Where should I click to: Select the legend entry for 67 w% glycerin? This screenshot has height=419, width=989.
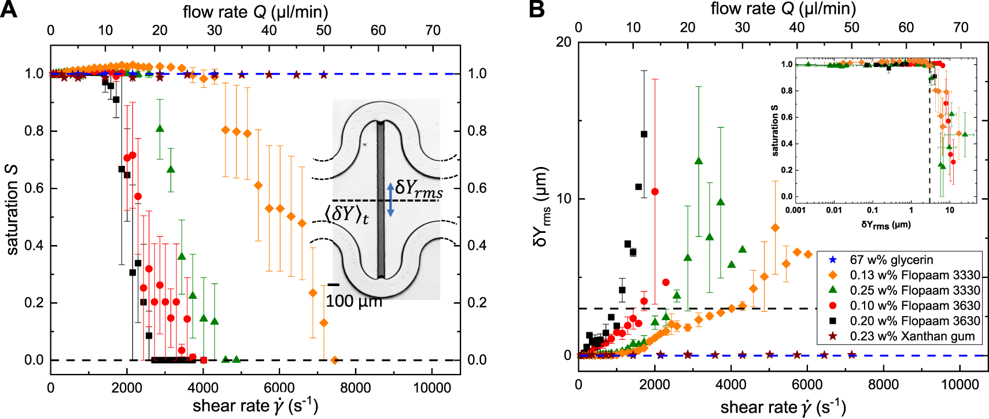[891, 260]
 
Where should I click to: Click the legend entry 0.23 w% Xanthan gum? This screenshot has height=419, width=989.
[911, 336]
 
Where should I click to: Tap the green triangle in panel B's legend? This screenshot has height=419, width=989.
[833, 290]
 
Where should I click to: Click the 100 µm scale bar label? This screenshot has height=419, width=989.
[353, 301]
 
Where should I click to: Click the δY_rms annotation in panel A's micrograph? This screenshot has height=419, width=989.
[419, 188]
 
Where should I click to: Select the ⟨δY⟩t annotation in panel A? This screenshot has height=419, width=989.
[346, 214]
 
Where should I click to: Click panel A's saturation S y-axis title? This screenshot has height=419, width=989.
[12, 210]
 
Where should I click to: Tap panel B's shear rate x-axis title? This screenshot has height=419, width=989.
[783, 407]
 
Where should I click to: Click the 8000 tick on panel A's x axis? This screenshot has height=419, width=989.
[355, 388]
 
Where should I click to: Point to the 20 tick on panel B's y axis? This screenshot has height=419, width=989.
[563, 42]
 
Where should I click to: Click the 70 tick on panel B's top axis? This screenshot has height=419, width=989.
[960, 27]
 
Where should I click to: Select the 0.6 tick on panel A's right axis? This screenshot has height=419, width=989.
[477, 188]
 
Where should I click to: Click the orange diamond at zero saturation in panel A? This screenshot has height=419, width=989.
[334, 360]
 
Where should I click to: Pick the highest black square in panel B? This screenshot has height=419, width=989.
[644, 134]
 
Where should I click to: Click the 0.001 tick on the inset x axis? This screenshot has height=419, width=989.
[795, 210]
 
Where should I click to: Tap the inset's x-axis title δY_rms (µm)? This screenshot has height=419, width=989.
[885, 224]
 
